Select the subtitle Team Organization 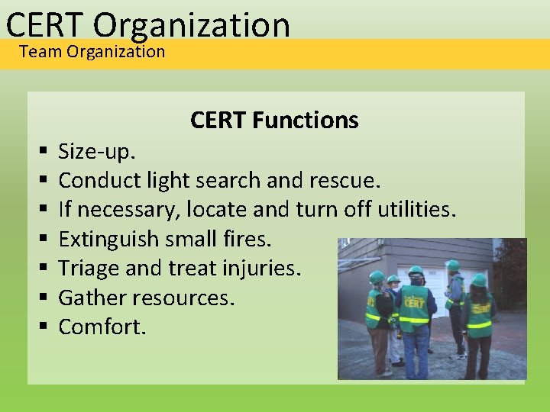[92, 52]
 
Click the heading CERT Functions [274, 120]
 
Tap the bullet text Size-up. [97, 152]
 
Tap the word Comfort [101, 327]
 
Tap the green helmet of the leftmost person [377, 277]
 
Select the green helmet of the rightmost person [479, 280]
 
